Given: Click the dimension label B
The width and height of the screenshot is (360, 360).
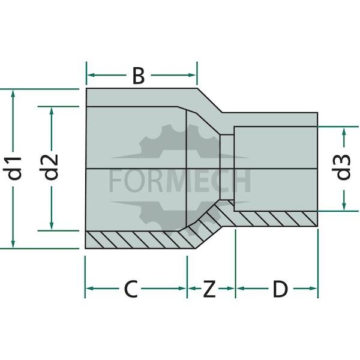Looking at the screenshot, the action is pos(139,76).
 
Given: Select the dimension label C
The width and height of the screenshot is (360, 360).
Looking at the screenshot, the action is pos(131,289).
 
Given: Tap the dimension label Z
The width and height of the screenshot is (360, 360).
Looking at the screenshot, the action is pos(209,289).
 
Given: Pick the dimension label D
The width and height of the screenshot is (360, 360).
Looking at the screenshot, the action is pos(280,289).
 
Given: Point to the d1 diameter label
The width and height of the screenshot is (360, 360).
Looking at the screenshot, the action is pos(13,168).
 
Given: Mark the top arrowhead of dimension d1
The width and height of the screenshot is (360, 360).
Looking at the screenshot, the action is pos(13,94).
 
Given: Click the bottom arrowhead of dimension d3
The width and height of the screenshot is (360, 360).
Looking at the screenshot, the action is pos(344,206).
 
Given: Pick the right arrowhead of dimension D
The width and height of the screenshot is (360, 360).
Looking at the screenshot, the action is pos(313,289).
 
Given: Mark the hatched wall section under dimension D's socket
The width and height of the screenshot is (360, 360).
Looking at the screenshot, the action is pos(275,219).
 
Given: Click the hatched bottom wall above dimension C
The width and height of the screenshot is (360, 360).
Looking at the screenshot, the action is pos(138,240).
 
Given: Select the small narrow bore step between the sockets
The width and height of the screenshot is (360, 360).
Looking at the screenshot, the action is pos(227,167).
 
